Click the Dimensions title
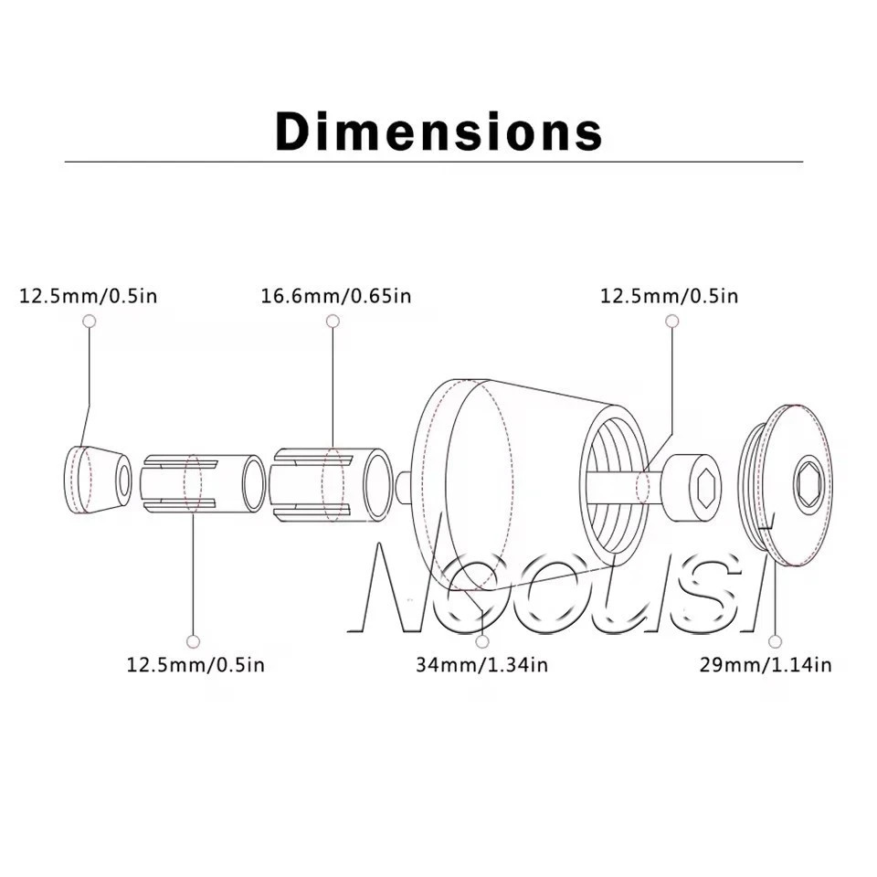438,131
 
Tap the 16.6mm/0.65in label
336,295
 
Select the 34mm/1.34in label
481,664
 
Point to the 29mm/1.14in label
766,664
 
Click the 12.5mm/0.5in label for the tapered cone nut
89,295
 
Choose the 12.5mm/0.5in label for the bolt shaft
669,295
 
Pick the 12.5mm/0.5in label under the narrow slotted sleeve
195,664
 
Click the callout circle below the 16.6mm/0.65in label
333,321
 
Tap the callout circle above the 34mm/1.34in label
482,641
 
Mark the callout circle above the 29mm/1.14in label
775,641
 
